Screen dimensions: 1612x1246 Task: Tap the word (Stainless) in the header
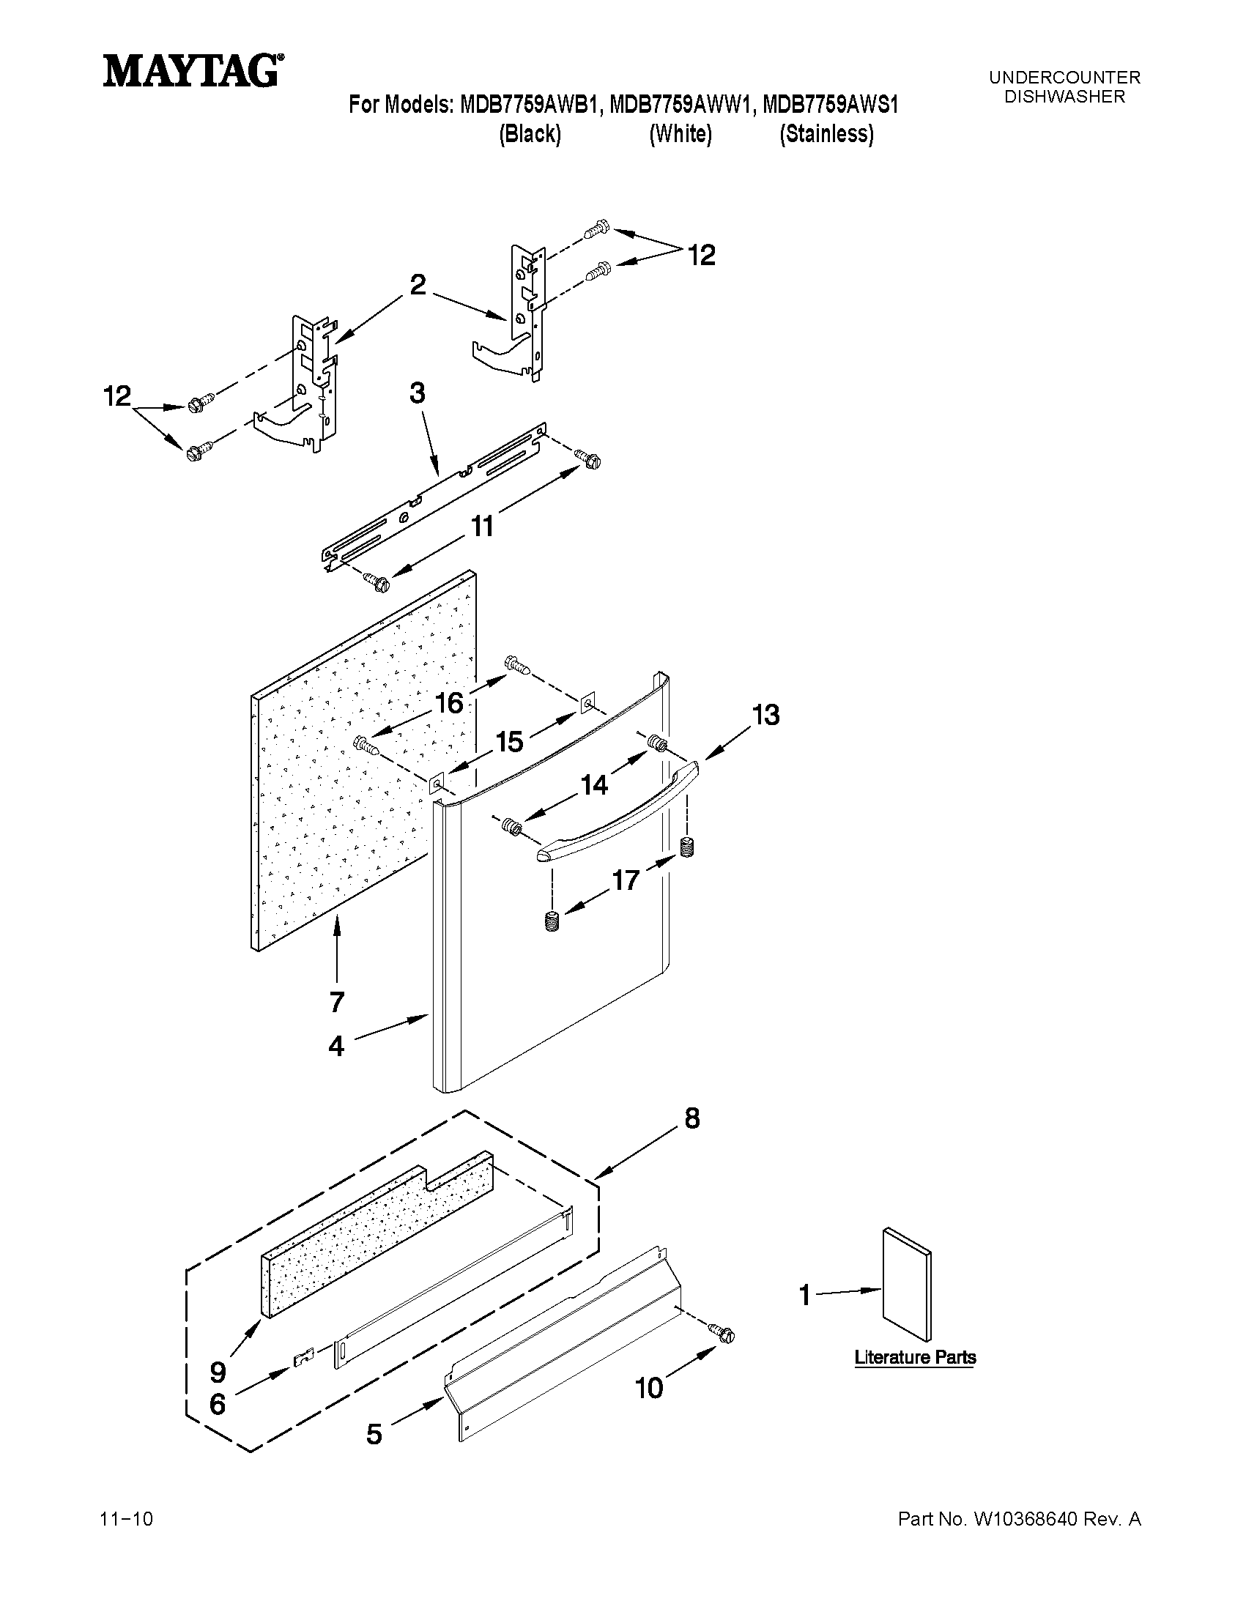[827, 134]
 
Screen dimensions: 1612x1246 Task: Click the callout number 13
[765, 716]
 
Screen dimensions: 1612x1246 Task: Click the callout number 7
[337, 1002]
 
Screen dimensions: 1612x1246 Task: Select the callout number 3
[417, 393]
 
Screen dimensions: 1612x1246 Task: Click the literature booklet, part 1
[907, 1285]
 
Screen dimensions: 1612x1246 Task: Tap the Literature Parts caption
[916, 1357]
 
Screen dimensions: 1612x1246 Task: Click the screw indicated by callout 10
[724, 1334]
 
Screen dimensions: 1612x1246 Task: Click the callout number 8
[691, 1119]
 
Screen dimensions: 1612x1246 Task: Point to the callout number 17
[626, 880]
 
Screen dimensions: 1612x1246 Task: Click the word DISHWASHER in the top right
[1064, 97]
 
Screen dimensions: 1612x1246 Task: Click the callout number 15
[509, 742]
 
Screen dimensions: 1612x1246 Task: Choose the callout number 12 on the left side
[116, 396]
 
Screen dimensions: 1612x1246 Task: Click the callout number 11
[482, 527]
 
